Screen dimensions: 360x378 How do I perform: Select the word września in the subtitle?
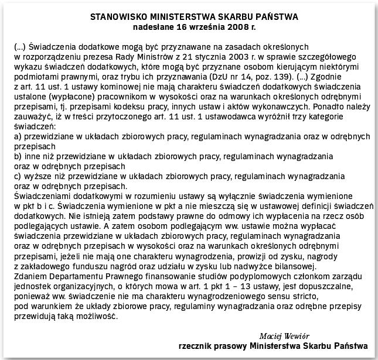click(x=198, y=26)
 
